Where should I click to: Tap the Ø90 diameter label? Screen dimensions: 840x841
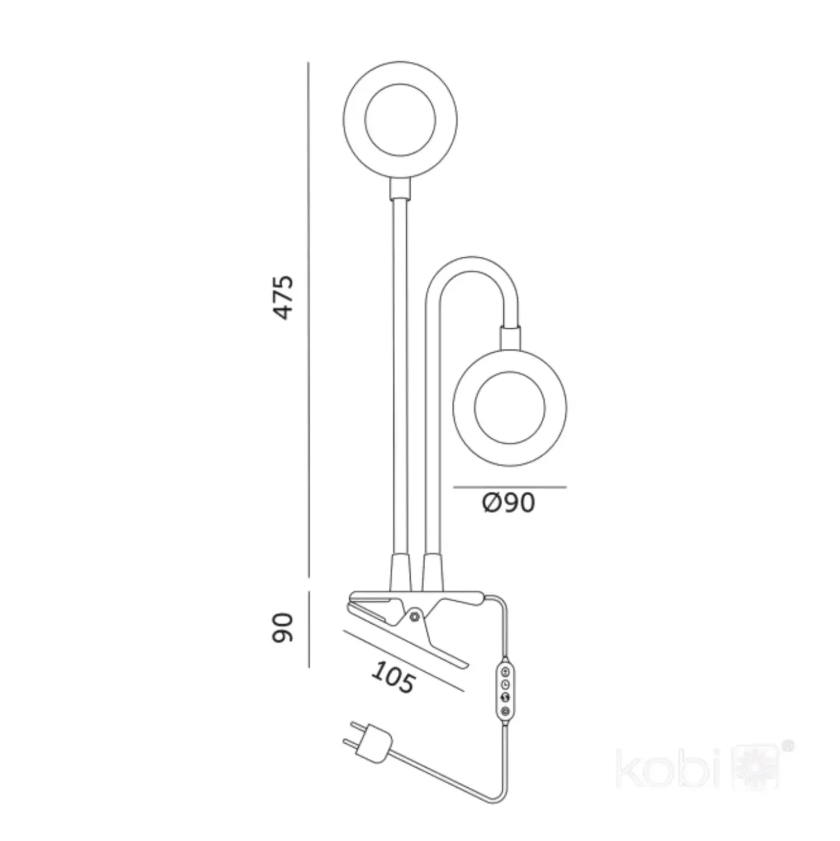(x=509, y=503)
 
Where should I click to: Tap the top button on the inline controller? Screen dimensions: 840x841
(x=505, y=671)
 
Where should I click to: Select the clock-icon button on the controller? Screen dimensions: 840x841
(x=505, y=683)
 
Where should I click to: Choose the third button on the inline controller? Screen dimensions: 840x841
(x=505, y=696)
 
